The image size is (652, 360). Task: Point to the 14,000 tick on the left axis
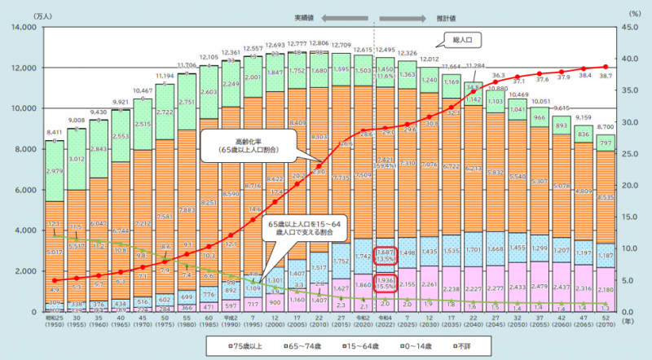(x=23, y=28)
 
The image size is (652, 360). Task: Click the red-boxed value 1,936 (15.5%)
(x=386, y=284)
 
